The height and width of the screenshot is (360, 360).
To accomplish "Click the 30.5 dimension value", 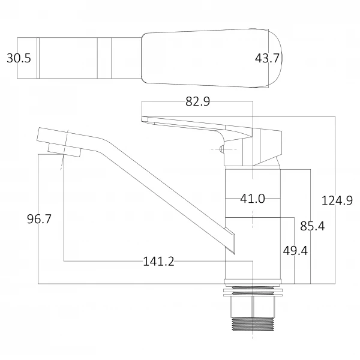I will coord(19,58).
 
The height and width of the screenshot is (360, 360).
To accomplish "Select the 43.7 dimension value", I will coord(268,58).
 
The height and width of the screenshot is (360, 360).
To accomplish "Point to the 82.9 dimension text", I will coord(197,102).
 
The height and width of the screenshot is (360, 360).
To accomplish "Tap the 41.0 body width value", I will coord(253,199).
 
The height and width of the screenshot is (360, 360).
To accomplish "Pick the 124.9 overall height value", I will coord(337,201).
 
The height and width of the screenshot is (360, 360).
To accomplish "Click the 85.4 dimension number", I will coord(313,226).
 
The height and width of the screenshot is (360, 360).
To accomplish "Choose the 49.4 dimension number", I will coord(295,250).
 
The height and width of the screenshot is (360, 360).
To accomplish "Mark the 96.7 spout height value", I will coord(39,219).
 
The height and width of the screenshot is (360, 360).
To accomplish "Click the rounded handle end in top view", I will coord(273,58).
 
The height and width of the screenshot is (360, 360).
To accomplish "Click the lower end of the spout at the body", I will coord(229,240).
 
